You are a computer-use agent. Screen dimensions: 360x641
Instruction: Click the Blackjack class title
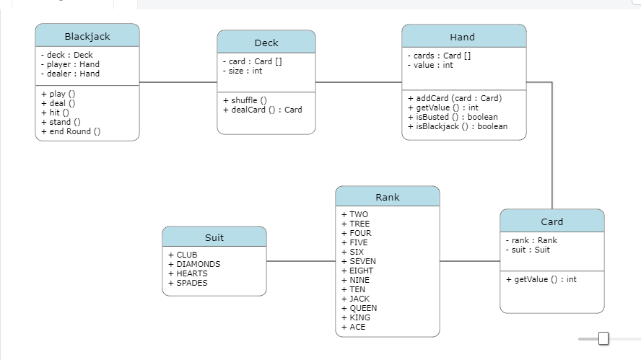[x=87, y=36]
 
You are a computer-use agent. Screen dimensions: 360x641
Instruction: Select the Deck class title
[x=266, y=43]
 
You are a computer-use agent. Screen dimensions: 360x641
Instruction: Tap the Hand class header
[x=463, y=37]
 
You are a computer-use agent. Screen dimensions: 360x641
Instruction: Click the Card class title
[x=551, y=221]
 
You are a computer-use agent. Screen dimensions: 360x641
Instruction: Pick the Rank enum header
[x=387, y=197]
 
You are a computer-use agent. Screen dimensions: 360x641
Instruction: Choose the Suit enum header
[x=214, y=237]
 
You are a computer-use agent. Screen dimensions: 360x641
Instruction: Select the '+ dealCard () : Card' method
[x=263, y=110]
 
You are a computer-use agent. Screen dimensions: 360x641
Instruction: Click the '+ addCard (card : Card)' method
[x=455, y=98]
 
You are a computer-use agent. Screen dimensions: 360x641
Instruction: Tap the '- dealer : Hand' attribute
[x=70, y=74]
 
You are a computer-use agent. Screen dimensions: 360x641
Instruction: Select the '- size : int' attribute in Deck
[x=243, y=71]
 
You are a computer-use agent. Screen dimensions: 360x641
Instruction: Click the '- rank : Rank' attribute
[x=531, y=240]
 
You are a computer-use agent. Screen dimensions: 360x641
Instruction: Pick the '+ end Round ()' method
[x=71, y=131]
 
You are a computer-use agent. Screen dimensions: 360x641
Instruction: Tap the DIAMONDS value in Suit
[x=194, y=264]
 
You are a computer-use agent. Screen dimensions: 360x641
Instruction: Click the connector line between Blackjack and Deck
[x=178, y=82]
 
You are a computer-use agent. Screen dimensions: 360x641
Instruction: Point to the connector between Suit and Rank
[x=301, y=261]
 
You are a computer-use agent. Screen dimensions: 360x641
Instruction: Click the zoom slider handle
[x=603, y=338]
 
